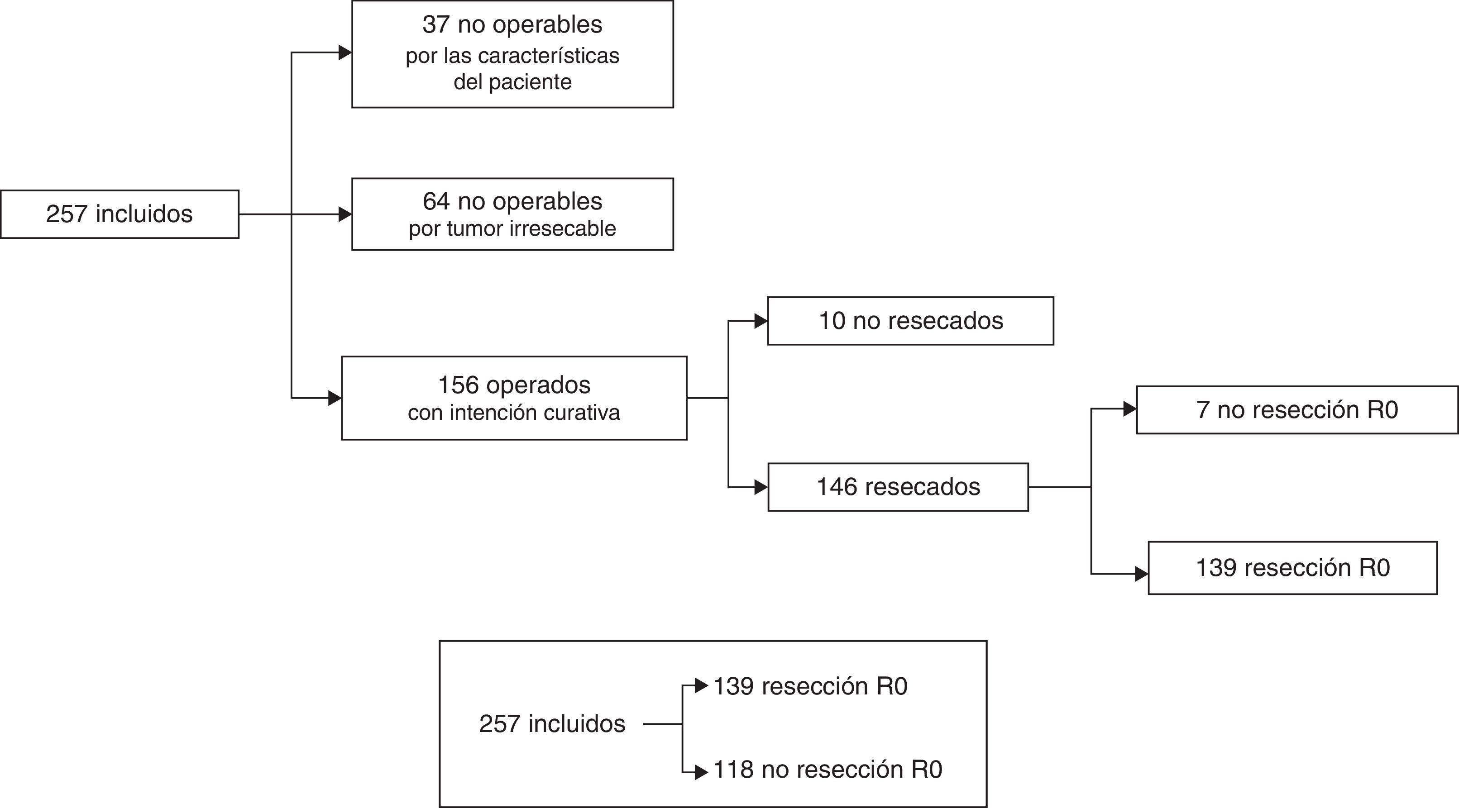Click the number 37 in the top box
(435, 24)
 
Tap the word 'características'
(548, 56)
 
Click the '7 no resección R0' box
(1296, 410)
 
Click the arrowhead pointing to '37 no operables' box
(345, 52)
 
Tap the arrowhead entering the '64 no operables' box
(345, 214)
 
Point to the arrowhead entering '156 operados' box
(335, 398)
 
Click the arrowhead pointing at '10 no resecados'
(761, 321)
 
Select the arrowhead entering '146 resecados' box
(761, 487)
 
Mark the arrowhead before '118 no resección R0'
(701, 771)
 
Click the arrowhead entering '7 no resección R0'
(1129, 409)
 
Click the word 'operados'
(538, 385)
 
